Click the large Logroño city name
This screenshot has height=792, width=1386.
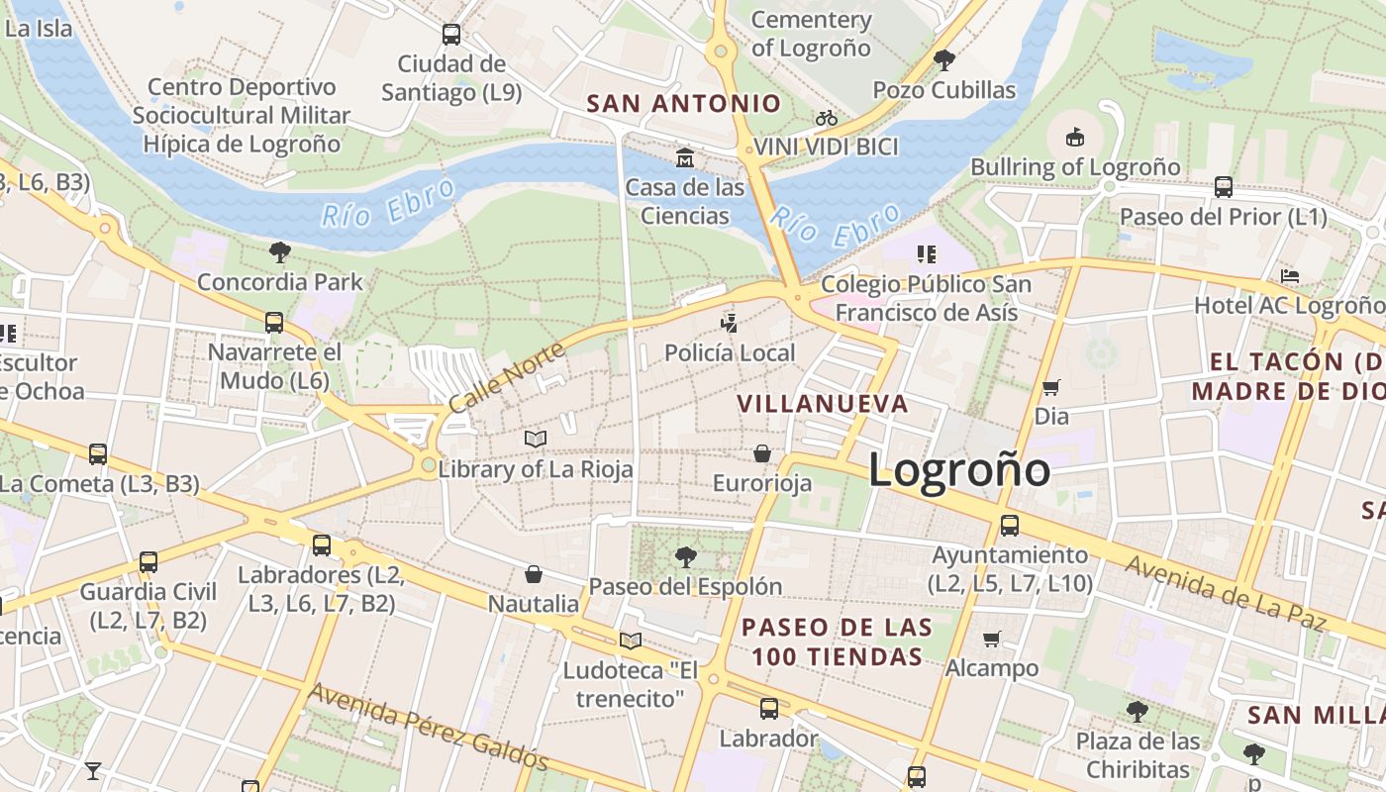coord(958,468)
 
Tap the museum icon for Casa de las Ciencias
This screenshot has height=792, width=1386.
coord(684,157)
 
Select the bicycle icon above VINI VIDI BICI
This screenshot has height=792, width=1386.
coord(827,118)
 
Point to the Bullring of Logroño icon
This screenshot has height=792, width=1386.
coord(1075,137)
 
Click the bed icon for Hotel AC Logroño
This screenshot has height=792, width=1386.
coord(1289,275)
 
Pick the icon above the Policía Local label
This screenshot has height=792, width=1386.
coord(730,323)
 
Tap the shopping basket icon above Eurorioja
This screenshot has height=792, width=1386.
coord(762,453)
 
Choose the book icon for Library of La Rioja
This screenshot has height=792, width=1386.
coord(536,439)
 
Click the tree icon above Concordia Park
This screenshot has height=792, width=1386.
coord(280,252)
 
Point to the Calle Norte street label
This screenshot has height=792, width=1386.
coord(506,377)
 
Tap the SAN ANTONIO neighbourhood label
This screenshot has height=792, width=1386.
coord(683,103)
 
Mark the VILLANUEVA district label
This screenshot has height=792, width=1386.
coord(823,403)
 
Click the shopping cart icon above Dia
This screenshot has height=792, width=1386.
coord(1051,387)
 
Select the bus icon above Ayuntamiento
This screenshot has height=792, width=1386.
coord(1010,525)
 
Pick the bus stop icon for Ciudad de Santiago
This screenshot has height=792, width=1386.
coord(451,34)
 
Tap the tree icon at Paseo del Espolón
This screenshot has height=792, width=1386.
coord(685,556)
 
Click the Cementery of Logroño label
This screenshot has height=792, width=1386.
coord(811,34)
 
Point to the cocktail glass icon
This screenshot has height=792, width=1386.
coord(93,770)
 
